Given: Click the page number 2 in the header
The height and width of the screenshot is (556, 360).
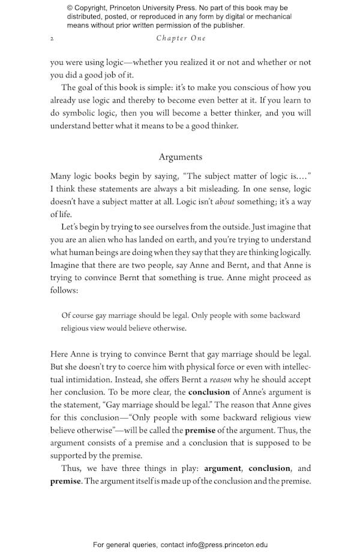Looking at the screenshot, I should point(52,38).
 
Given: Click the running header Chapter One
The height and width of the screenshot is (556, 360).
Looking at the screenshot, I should point(181,38).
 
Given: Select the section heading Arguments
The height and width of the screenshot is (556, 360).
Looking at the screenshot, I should point(180,157).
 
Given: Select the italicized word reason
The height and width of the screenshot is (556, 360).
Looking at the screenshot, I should point(221,380).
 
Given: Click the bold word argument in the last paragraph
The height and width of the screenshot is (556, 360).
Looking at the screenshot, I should point(223,468).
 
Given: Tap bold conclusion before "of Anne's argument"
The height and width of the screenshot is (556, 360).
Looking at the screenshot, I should point(209,392).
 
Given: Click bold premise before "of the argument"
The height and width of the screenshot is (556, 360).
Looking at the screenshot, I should point(200,431).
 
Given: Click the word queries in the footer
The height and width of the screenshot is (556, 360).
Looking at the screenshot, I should point(143,545).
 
